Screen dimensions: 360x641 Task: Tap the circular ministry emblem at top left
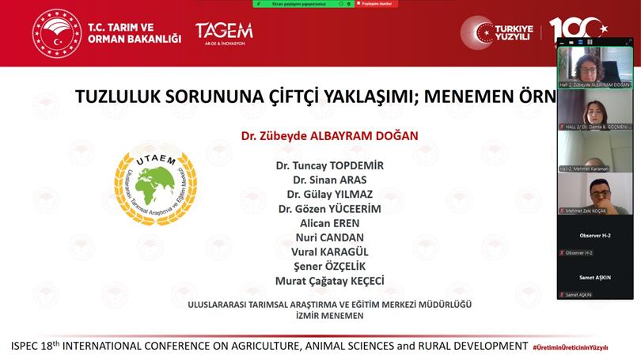[56, 32]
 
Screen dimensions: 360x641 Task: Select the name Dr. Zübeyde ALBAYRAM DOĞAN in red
[329, 136]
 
